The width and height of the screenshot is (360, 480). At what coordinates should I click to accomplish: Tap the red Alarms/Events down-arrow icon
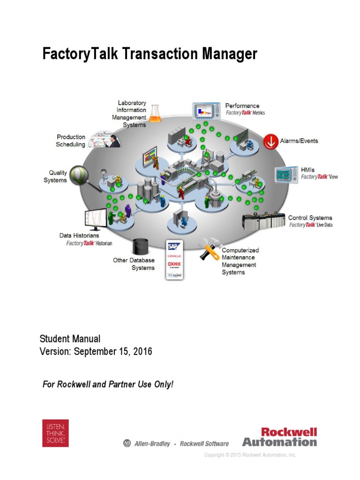[270, 141]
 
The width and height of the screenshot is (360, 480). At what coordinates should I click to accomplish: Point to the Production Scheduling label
[71, 141]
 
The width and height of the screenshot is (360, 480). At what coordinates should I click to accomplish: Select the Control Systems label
[310, 217]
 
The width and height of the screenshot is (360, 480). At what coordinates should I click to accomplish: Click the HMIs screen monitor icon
[286, 174]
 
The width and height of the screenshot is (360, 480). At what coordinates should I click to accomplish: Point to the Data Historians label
[79, 235]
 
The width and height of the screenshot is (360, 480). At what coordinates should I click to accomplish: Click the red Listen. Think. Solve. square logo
[55, 433]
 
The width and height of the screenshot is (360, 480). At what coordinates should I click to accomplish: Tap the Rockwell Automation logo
[280, 436]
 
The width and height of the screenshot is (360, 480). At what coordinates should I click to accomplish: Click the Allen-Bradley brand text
[152, 443]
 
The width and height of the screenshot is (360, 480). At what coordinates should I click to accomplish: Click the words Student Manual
[70, 338]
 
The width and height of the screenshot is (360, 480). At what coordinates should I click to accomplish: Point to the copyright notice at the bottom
[250, 455]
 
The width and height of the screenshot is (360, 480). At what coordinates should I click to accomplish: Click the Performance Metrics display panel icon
[206, 111]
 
